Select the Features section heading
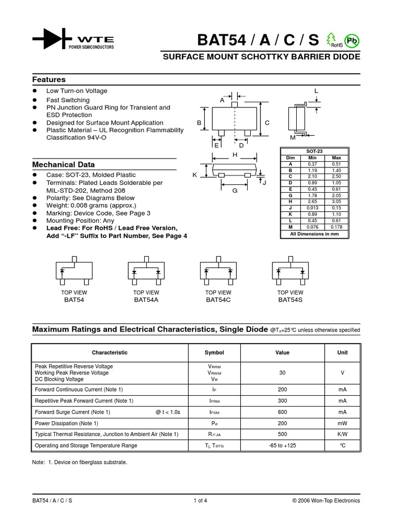tap(49, 80)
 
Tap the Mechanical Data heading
tap(64, 164)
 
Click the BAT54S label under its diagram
tap(290, 300)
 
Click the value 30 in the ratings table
tap(282, 372)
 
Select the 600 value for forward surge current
tap(282, 412)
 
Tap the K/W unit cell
tap(342, 434)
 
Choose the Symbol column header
tap(214, 353)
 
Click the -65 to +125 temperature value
tap(282, 445)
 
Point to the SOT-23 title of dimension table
tap(314, 151)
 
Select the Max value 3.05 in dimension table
tap(337, 201)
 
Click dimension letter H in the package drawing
tap(235, 155)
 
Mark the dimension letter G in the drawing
tap(234, 191)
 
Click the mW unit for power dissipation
tap(342, 423)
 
